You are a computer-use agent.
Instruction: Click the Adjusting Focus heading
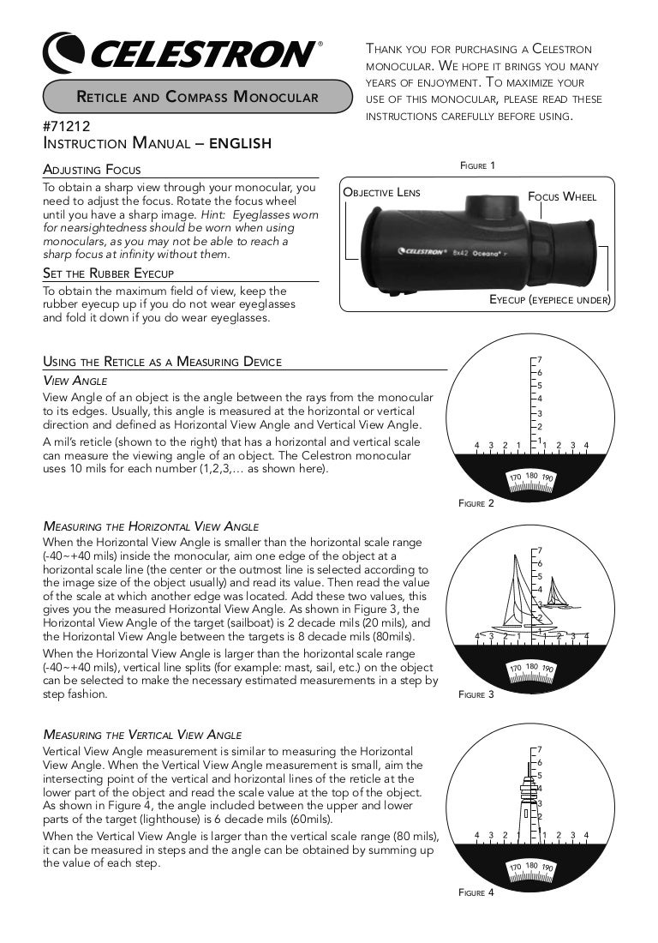(x=92, y=170)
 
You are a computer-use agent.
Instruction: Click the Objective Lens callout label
(x=382, y=192)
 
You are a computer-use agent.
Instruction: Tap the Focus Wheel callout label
(x=562, y=196)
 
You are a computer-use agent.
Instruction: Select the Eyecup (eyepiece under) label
(x=549, y=299)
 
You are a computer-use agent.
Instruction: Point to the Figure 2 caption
(x=476, y=504)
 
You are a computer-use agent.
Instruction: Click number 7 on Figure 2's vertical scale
(x=540, y=359)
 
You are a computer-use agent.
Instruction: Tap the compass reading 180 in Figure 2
(x=531, y=475)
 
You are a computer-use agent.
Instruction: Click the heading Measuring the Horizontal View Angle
(x=150, y=526)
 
